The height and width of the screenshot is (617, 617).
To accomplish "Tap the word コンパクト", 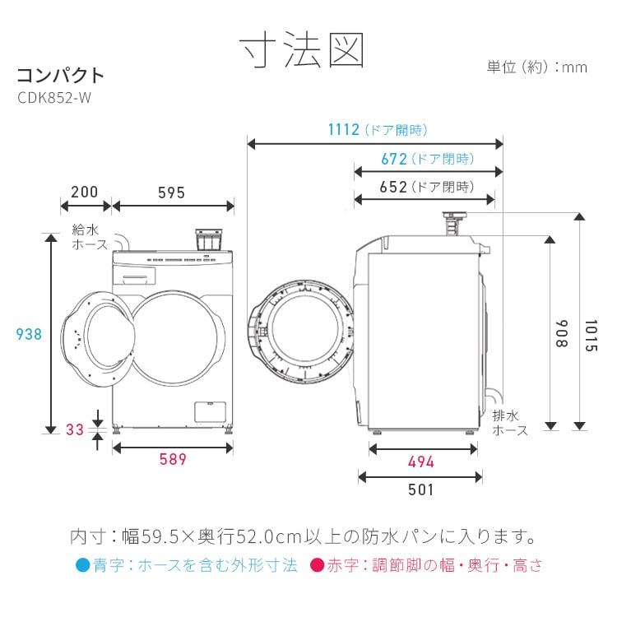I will (61, 76).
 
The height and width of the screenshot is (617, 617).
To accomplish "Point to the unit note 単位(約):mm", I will (537, 67).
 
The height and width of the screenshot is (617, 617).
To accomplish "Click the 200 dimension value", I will (84, 193).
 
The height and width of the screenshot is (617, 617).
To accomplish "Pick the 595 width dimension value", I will (171, 193).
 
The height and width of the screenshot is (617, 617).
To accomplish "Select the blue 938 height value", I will (30, 334).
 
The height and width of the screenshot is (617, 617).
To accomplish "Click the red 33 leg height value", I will (76, 429).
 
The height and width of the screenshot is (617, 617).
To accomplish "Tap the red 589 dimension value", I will (173, 460).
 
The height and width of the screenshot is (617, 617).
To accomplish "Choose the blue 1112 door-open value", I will (344, 129).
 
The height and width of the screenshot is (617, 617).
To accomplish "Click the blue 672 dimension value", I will (394, 159).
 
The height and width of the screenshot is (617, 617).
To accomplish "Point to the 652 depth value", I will (394, 187).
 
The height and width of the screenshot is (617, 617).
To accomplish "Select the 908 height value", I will (561, 333).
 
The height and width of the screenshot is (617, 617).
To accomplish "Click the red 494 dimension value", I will (420, 462).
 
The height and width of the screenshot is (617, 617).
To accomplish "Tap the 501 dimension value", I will (420, 489).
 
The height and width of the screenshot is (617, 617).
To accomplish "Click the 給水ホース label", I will (90, 238).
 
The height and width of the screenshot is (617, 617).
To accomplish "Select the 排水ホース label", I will (510, 423).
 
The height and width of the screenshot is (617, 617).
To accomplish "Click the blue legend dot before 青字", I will (81, 566).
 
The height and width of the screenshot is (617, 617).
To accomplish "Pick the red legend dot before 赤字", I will (317, 566).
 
